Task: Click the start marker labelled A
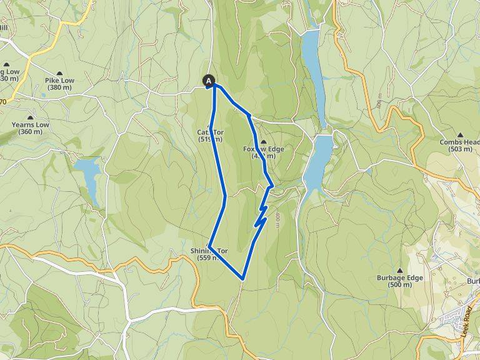tap(209, 80)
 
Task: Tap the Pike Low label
tap(59, 81)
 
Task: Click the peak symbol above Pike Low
tap(59, 72)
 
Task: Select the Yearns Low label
tap(30, 124)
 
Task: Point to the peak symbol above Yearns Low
tap(30, 117)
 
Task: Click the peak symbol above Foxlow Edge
tap(264, 141)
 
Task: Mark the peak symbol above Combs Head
tap(461, 134)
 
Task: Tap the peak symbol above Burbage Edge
tap(399, 270)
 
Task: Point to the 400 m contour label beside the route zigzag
tap(277, 219)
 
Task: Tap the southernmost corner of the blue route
tap(242, 278)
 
